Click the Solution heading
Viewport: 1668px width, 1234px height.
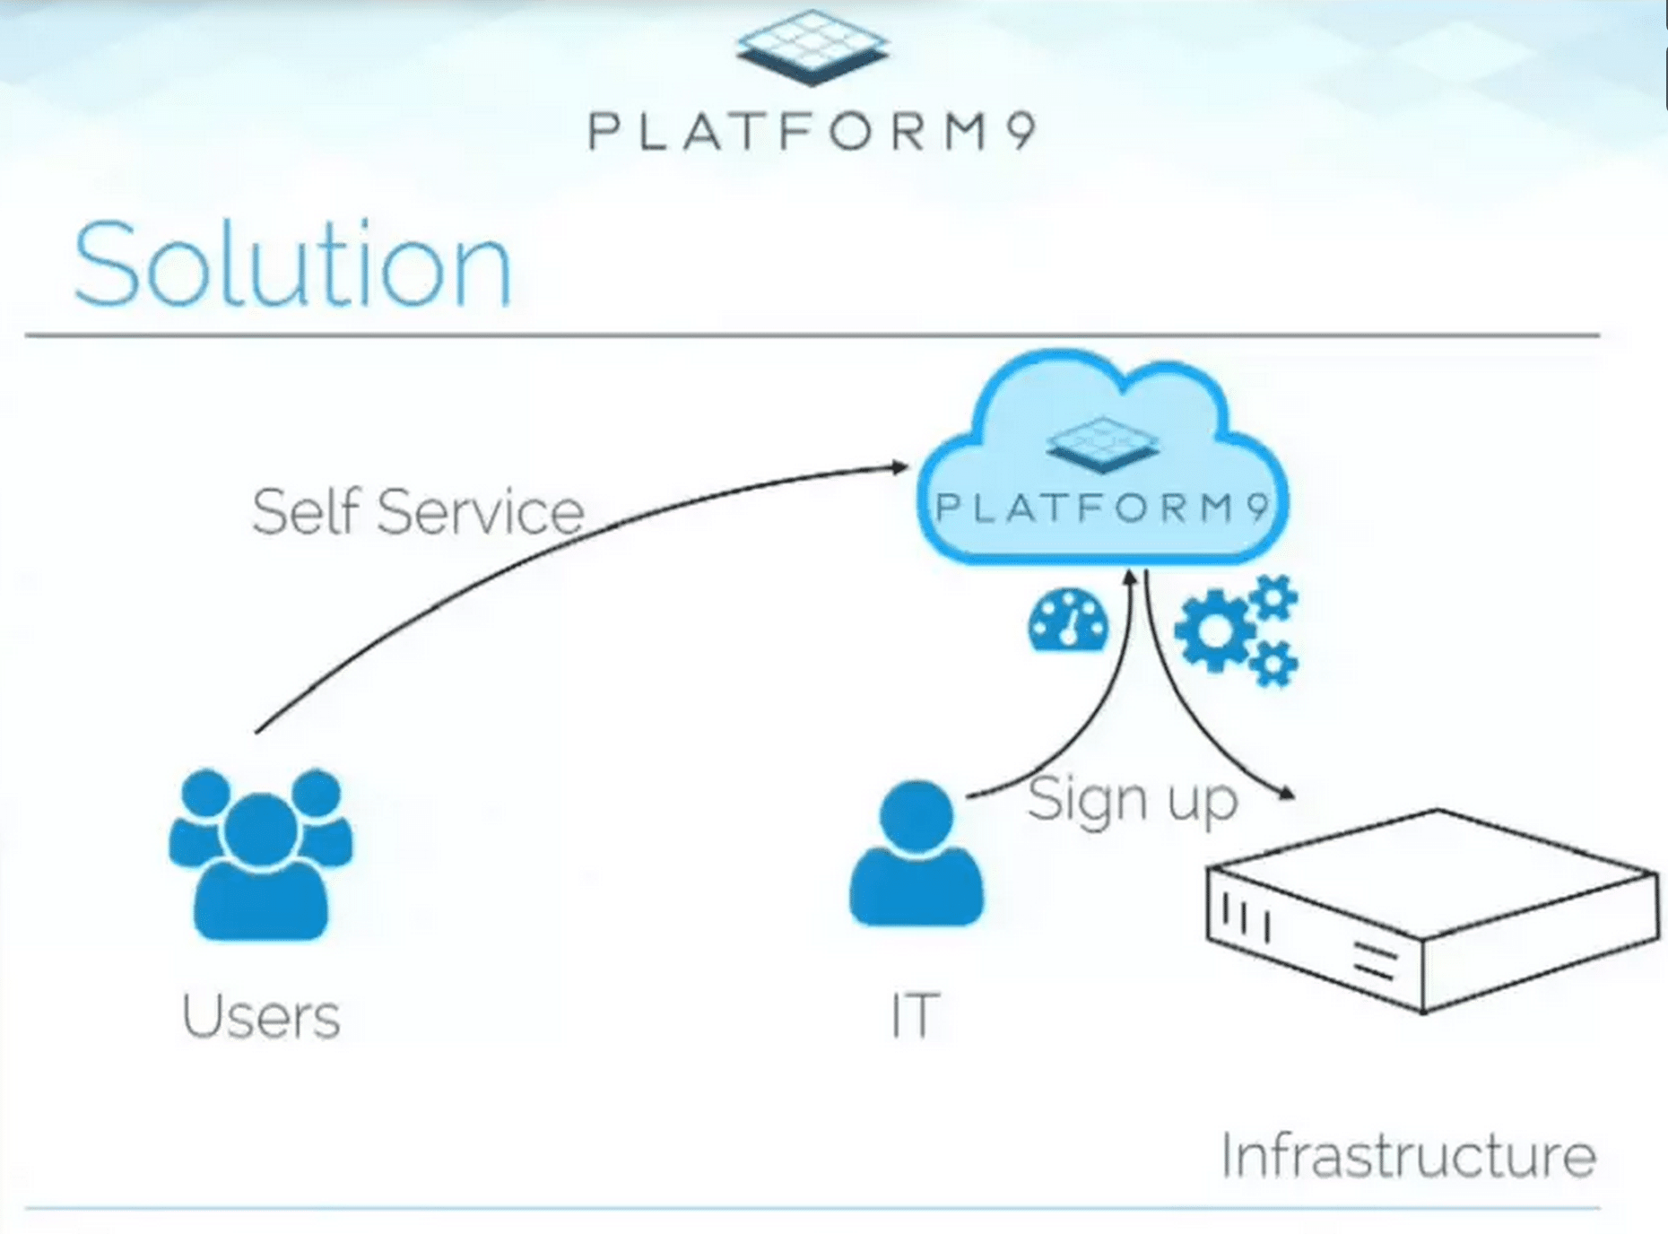(x=292, y=265)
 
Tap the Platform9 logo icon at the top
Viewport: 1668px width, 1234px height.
(x=812, y=47)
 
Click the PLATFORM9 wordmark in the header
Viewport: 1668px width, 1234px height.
(x=812, y=132)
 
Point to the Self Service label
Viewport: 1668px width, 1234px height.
(x=418, y=512)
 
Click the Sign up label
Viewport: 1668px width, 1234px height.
(x=1132, y=799)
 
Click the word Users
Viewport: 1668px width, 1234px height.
(x=261, y=1016)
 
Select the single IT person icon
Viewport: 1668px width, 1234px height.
(x=916, y=854)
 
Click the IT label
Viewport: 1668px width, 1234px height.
(x=915, y=1016)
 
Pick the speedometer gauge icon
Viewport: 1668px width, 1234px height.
(x=1067, y=620)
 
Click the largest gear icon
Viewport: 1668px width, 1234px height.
(x=1214, y=632)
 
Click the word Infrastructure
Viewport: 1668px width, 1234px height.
(x=1408, y=1155)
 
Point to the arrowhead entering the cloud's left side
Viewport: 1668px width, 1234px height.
(x=899, y=466)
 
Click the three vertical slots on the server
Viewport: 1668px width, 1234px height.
(x=1246, y=918)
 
